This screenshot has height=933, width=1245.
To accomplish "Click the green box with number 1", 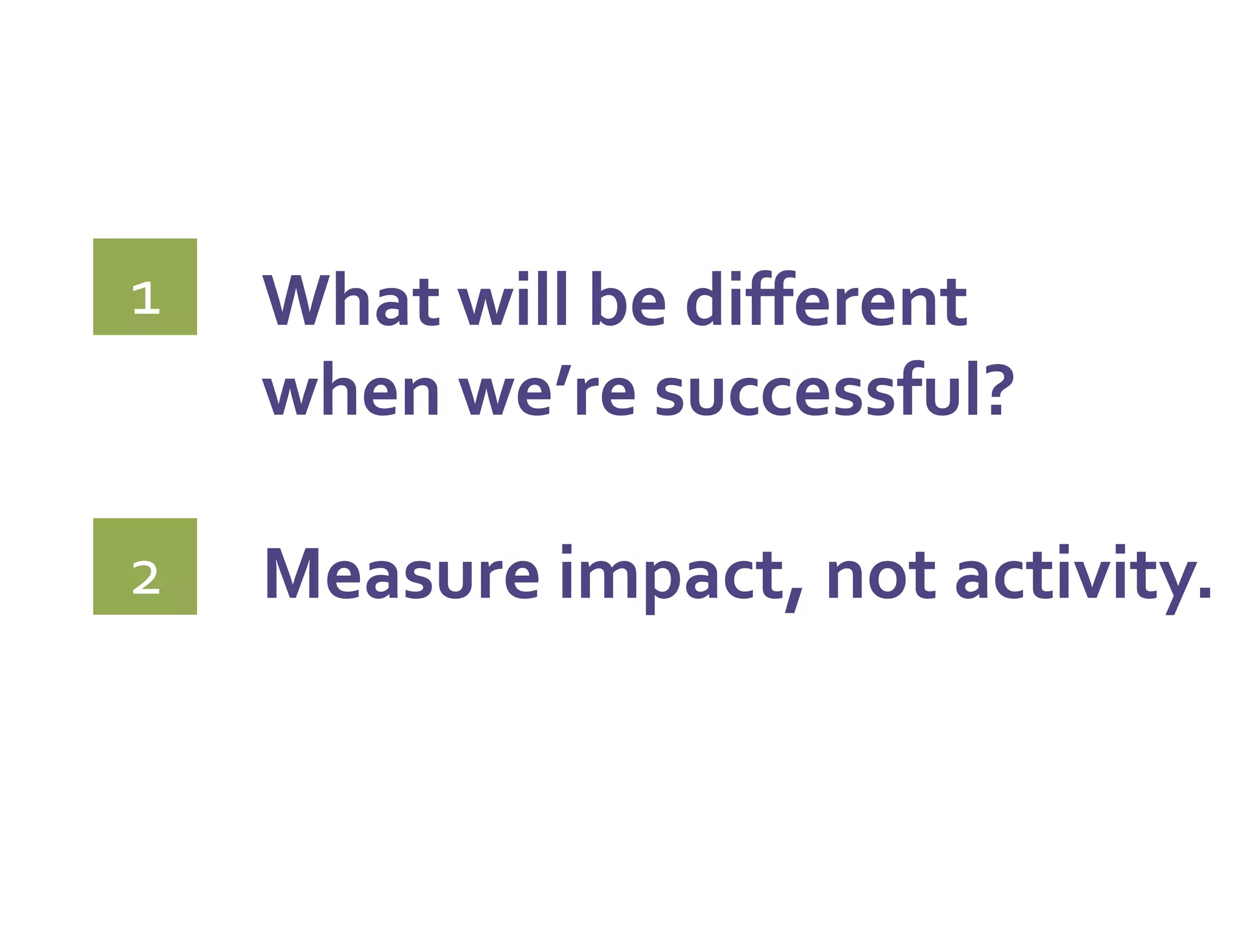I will pyautogui.click(x=145, y=287).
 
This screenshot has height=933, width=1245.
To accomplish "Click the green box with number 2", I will pyautogui.click(x=145, y=566).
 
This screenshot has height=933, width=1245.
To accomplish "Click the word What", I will pyautogui.click(x=351, y=300).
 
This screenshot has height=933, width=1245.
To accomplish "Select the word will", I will pyautogui.click(x=512, y=300).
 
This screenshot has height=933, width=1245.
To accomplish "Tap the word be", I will pyautogui.click(x=629, y=300).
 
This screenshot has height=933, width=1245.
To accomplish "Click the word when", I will pyautogui.click(x=351, y=391).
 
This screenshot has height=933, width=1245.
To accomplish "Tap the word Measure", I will pyautogui.click(x=402, y=574).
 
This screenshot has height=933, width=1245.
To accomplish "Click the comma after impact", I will pyautogui.click(x=793, y=601).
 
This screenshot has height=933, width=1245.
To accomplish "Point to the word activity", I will pyautogui.click(x=1073, y=577).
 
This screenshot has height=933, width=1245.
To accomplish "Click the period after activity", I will pyautogui.click(x=1204, y=592).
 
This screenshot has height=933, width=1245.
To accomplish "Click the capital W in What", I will pyautogui.click(x=297, y=300).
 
